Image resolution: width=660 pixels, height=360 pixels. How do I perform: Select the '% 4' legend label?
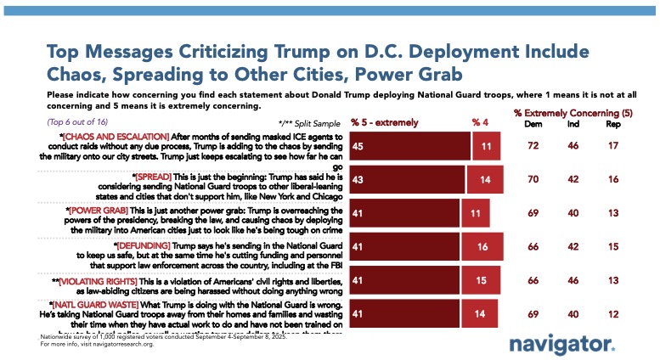click(x=480, y=122)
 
